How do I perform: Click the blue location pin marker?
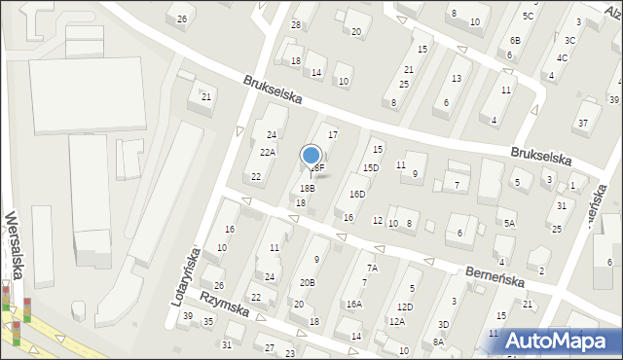(x=311, y=156)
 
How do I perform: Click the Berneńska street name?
(x=496, y=275)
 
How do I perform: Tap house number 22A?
(x=267, y=153)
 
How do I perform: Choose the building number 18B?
(x=307, y=189)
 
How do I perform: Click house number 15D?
(x=371, y=168)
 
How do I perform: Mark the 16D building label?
(x=357, y=195)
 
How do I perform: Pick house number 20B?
(x=307, y=283)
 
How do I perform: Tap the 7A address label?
(x=371, y=269)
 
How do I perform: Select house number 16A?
(x=354, y=304)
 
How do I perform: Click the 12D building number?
(x=405, y=307)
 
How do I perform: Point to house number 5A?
(x=509, y=223)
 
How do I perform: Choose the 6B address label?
(x=515, y=40)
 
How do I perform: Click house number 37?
(x=583, y=123)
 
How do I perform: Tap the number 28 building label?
(x=296, y=24)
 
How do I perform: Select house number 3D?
(x=443, y=324)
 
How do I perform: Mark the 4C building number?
(x=562, y=58)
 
